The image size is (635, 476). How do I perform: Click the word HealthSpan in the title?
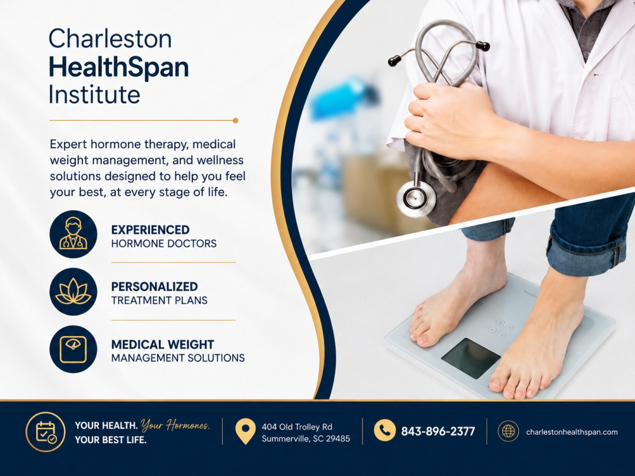coord(119,67)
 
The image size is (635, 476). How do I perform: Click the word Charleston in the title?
coord(110,39)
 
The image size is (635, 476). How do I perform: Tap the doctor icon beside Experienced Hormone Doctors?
coord(73,234)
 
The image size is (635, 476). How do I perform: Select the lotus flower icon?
coord(73,291)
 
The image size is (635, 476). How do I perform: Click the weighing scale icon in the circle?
coord(73,349)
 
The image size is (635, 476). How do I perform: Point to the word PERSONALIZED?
coord(154,287)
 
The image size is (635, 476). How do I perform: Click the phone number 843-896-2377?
coord(438,431)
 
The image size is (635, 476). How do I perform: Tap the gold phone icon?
coord(385,430)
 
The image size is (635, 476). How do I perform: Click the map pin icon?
coord(245,431)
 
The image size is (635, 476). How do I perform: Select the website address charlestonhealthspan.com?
coord(572,432)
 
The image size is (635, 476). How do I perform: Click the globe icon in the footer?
coord(508,431)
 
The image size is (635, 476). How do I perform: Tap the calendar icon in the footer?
coord(46,432)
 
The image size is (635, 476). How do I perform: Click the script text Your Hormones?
coord(175,425)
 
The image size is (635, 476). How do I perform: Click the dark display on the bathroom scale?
coord(470,358)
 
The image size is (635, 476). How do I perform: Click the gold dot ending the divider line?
coord(236,120)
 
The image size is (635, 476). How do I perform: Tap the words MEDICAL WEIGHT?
coord(162,344)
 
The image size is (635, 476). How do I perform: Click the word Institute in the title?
coord(94,95)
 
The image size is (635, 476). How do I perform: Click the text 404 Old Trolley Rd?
coord(297,427)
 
